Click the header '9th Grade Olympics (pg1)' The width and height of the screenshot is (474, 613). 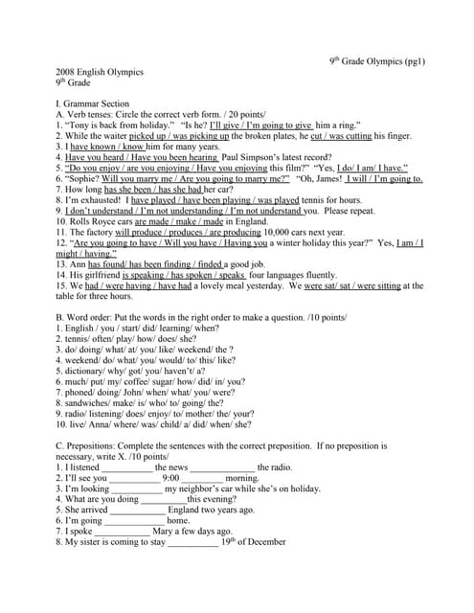tap(377, 62)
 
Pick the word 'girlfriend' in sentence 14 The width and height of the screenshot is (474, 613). tap(100, 274)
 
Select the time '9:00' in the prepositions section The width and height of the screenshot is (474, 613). tap(171, 477)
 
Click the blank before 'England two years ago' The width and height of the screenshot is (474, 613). tap(137, 510)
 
